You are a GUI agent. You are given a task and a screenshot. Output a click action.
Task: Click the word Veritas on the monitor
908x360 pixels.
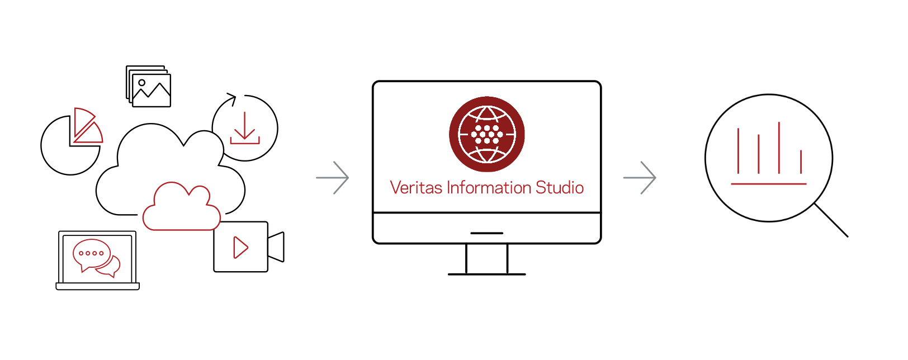pos(416,188)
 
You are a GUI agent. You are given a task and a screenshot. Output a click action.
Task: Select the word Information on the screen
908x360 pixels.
pos(489,188)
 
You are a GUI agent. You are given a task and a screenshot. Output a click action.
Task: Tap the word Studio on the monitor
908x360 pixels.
pos(560,188)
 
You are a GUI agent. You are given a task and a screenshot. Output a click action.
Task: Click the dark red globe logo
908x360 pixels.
pos(487,134)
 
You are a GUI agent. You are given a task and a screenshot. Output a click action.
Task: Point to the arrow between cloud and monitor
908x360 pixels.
pos(332,178)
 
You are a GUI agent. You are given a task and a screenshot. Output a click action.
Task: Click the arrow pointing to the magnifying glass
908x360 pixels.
pos(640,178)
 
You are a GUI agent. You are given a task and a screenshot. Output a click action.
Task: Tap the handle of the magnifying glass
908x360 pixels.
pos(831,221)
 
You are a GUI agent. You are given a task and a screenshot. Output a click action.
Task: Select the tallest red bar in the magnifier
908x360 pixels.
pos(779,148)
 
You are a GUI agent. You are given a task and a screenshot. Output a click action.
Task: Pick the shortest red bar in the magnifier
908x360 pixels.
pos(801,162)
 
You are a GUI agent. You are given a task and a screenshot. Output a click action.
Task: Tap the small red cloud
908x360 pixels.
pos(182,207)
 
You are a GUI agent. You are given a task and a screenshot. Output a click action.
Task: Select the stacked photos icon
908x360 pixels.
pos(148,86)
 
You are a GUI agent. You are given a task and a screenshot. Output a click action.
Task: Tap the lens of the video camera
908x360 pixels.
pos(276,247)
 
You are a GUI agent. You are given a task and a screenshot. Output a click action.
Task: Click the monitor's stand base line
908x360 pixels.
pos(487,274)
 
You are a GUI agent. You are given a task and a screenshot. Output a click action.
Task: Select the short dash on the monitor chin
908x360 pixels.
pos(487,233)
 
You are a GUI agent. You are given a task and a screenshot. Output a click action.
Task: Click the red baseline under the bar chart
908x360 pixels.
pos(769,184)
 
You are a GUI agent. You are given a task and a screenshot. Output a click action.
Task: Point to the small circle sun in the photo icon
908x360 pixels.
pos(142,83)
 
